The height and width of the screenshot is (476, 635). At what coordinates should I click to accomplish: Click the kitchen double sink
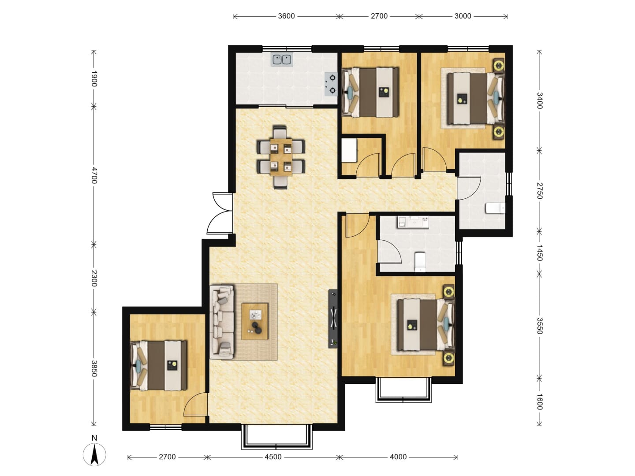point(281,59)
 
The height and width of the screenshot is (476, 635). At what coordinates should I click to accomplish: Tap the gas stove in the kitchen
point(331,84)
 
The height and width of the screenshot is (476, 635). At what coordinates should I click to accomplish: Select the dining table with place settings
point(281,157)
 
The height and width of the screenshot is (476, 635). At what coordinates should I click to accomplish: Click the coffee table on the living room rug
point(254,321)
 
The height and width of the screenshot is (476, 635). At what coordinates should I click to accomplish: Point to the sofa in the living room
point(222,322)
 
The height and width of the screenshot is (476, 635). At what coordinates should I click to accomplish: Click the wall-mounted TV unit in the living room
point(333,319)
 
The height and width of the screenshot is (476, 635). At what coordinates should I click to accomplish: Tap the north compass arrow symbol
point(94,454)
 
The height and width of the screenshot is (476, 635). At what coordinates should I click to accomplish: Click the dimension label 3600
point(286,16)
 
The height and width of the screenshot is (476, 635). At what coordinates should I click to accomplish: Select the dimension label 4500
point(273,457)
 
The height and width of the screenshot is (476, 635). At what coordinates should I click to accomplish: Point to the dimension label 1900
point(94,78)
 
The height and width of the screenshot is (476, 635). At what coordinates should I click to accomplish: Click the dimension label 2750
point(539,191)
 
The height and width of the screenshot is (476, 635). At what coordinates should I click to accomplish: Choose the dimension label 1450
point(539,253)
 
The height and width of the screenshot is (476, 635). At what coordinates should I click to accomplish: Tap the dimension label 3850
point(94,368)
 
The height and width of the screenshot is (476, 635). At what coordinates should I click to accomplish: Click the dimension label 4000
point(398,457)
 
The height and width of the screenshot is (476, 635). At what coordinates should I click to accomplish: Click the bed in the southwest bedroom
point(159,366)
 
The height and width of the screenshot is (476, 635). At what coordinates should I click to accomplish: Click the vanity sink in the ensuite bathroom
point(413,223)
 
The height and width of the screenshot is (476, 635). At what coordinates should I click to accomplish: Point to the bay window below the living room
point(276,437)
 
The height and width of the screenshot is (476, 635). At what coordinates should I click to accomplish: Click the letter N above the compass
point(94,438)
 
